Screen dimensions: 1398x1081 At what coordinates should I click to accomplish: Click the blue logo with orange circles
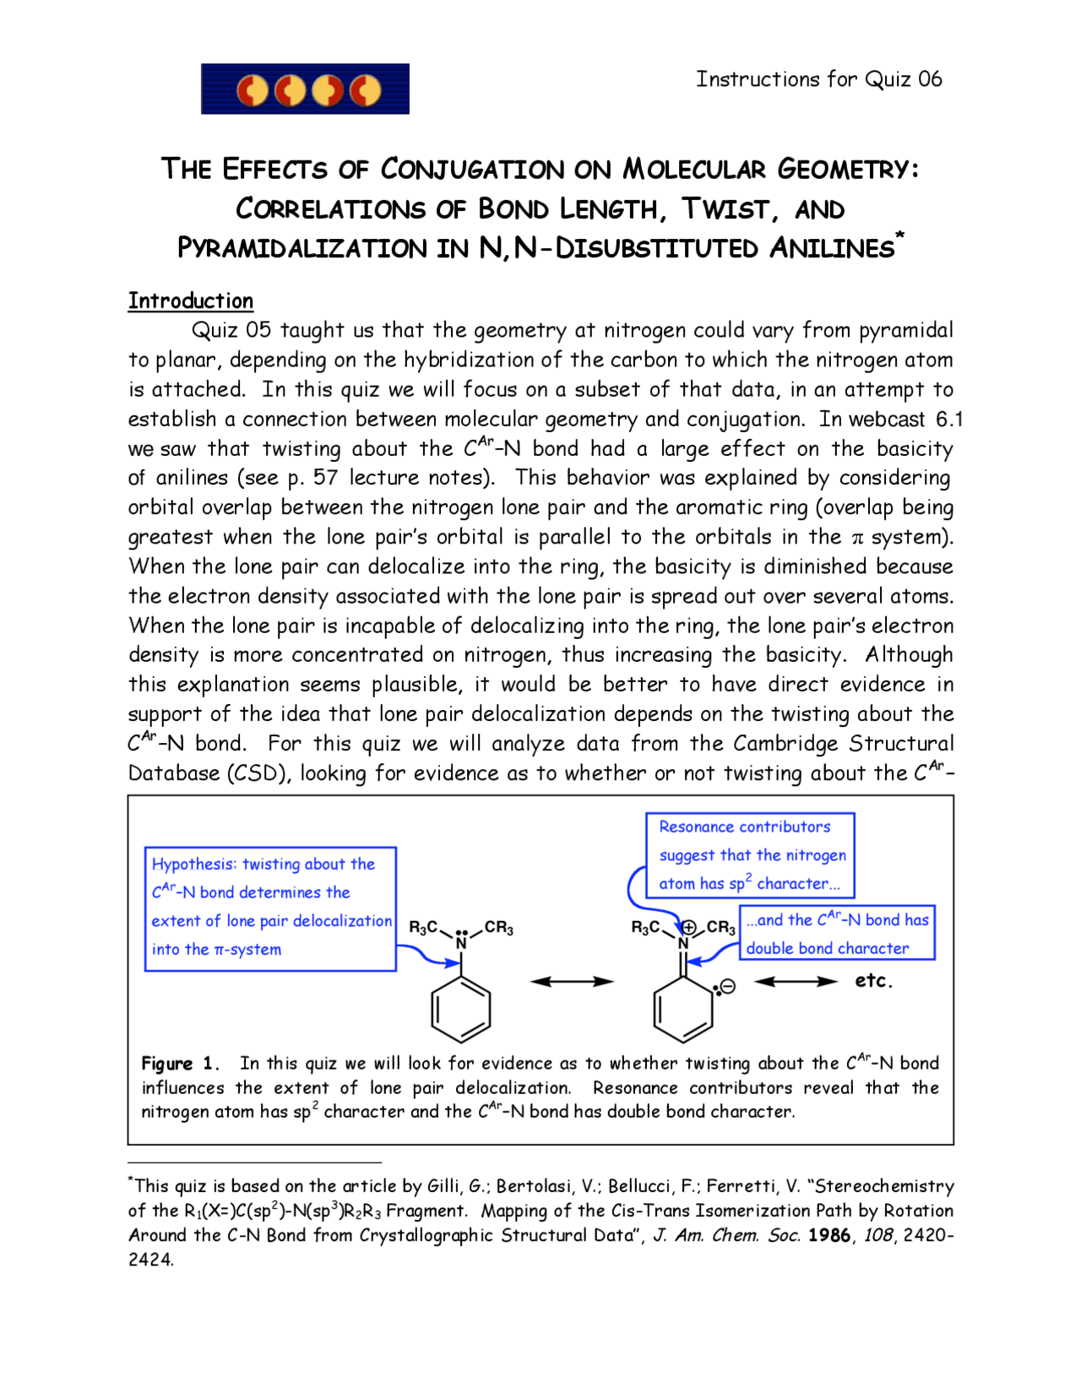305,89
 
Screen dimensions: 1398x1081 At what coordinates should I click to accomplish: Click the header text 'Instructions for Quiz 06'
818,79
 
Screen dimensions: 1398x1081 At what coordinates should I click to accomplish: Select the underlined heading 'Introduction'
191,301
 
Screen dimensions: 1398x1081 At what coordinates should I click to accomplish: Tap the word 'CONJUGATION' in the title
472,170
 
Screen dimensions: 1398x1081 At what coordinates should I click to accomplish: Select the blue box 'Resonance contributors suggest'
750,855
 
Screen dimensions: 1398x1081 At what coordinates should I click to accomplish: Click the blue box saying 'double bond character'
838,934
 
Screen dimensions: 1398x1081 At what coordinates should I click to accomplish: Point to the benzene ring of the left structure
461,1010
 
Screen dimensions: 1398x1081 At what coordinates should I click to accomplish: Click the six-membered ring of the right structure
683,1010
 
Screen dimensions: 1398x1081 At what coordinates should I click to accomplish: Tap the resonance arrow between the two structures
572,982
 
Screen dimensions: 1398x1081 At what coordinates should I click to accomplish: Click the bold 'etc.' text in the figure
873,981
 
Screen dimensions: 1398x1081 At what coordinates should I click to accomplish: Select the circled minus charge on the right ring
728,986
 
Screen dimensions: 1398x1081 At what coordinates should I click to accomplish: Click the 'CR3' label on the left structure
498,928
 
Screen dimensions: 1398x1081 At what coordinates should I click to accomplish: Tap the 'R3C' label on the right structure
646,928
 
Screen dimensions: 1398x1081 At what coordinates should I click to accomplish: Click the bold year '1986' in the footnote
828,1235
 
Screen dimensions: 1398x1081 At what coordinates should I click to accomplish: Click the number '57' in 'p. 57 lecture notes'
325,479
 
